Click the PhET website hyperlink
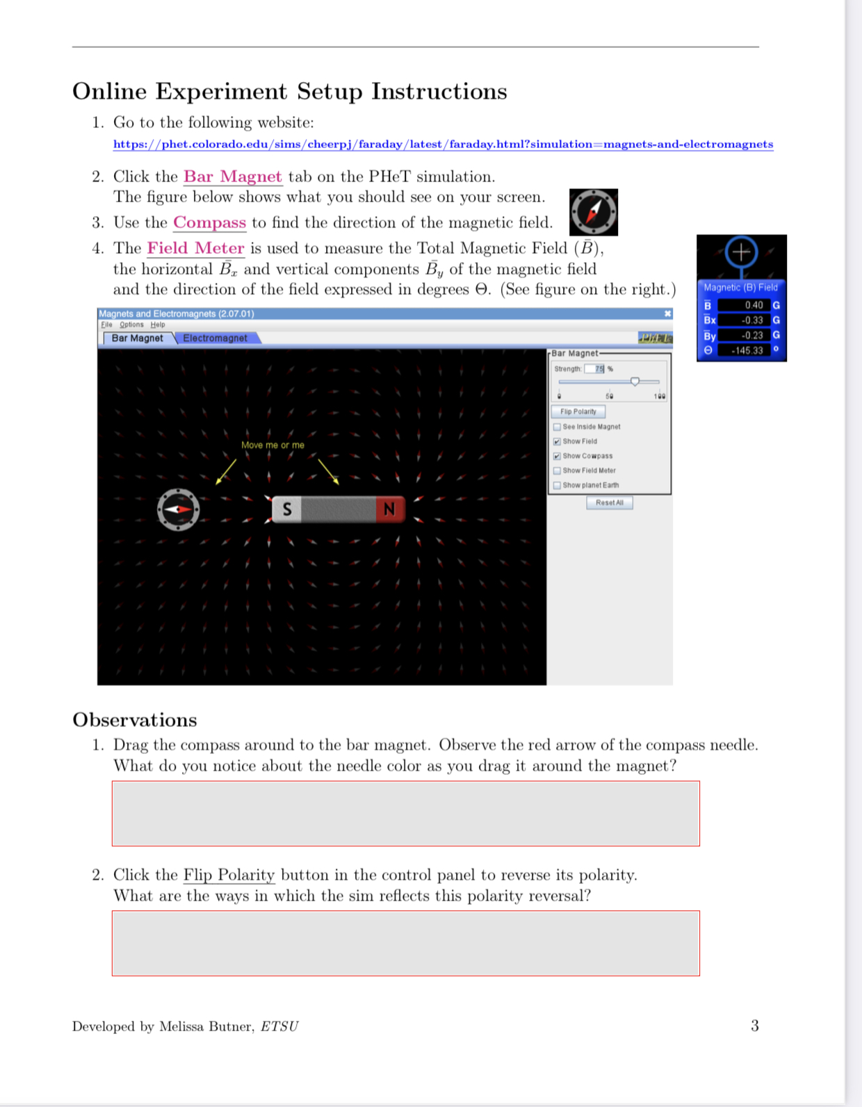[443, 144]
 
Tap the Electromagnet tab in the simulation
[215, 338]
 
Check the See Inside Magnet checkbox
[558, 427]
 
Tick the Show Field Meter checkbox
[558, 470]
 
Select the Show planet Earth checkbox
[558, 485]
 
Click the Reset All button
[609, 502]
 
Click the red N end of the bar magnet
[389, 509]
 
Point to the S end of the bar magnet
[286, 509]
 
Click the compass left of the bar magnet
[179, 509]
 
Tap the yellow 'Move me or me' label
[273, 445]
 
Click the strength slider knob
[635, 382]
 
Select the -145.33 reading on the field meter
[747, 350]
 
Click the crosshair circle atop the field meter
[741, 252]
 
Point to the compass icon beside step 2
[594, 212]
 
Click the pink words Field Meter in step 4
[195, 248]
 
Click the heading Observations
[135, 720]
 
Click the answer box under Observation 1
[405, 813]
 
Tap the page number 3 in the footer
[755, 1026]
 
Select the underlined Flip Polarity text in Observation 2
[229, 875]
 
